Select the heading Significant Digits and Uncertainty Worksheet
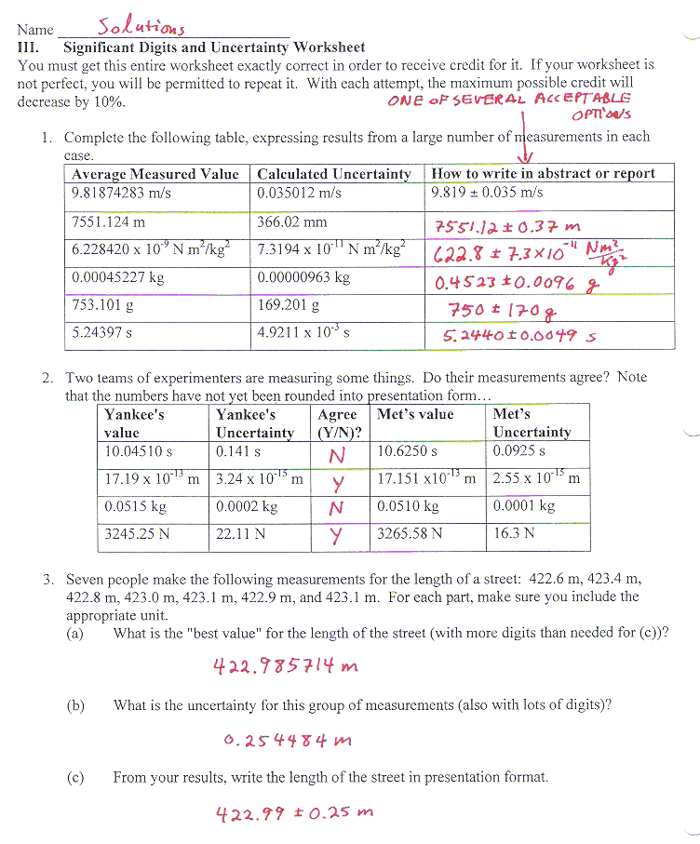[213, 47]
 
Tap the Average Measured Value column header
[155, 174]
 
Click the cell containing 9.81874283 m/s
[121, 193]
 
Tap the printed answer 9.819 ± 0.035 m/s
[487, 193]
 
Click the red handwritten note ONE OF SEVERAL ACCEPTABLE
[508, 99]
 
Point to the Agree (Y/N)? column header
[338, 423]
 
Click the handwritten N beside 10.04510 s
[338, 455]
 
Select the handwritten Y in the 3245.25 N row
[338, 536]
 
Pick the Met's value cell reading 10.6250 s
[407, 451]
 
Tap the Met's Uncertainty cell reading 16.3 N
[514, 533]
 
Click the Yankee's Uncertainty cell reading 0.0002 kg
[247, 506]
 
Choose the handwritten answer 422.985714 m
[286, 666]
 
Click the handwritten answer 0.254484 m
[289, 741]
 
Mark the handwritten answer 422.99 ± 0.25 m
[294, 814]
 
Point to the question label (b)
[75, 705]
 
